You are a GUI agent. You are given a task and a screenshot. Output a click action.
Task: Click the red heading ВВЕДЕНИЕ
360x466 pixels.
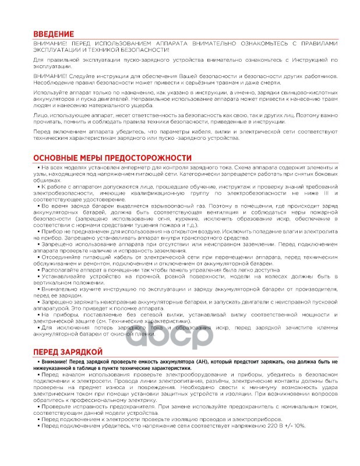[54, 34]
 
